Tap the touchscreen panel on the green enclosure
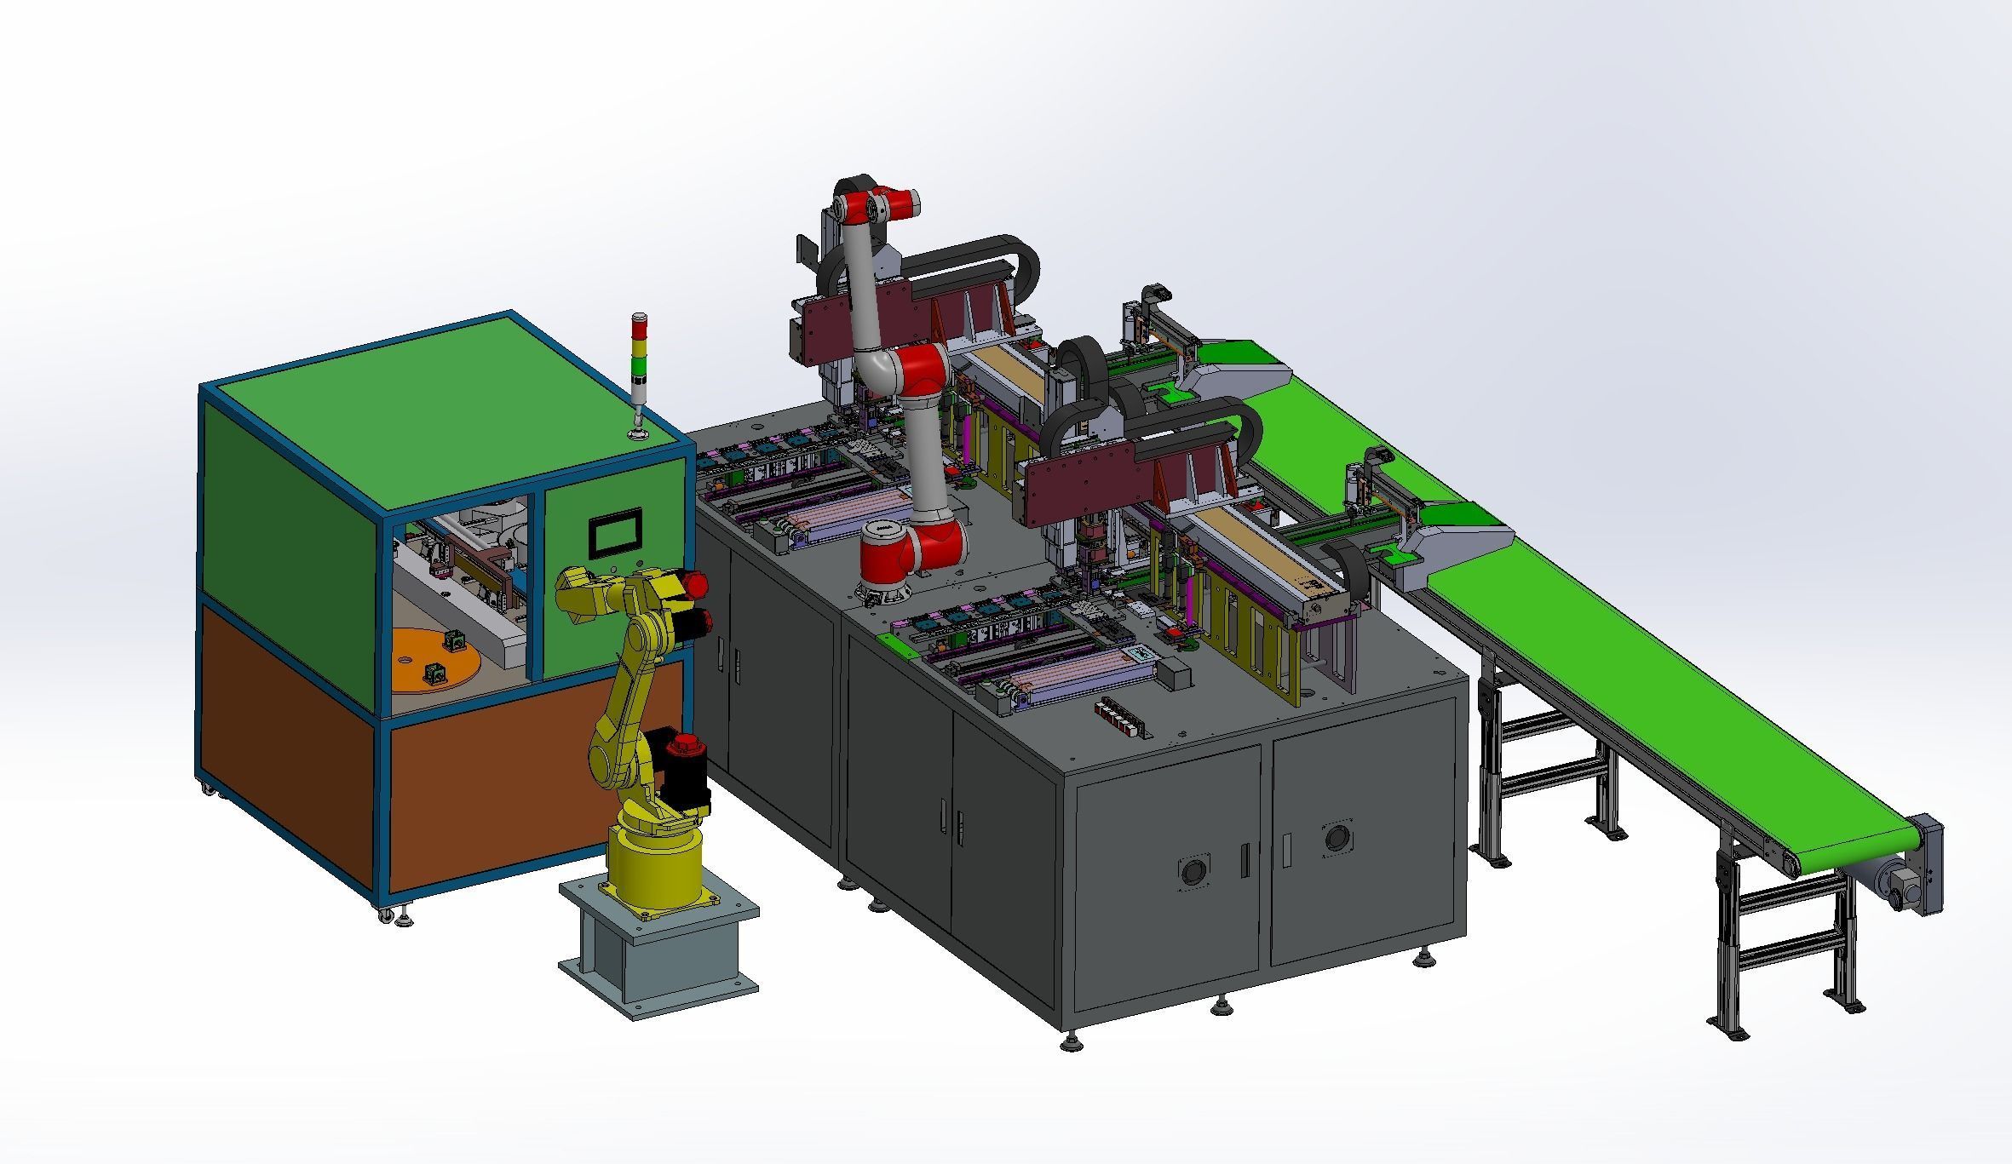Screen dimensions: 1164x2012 tap(614, 534)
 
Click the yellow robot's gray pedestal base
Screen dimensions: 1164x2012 tap(658, 945)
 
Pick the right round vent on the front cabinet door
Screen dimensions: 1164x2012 tap(1337, 837)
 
